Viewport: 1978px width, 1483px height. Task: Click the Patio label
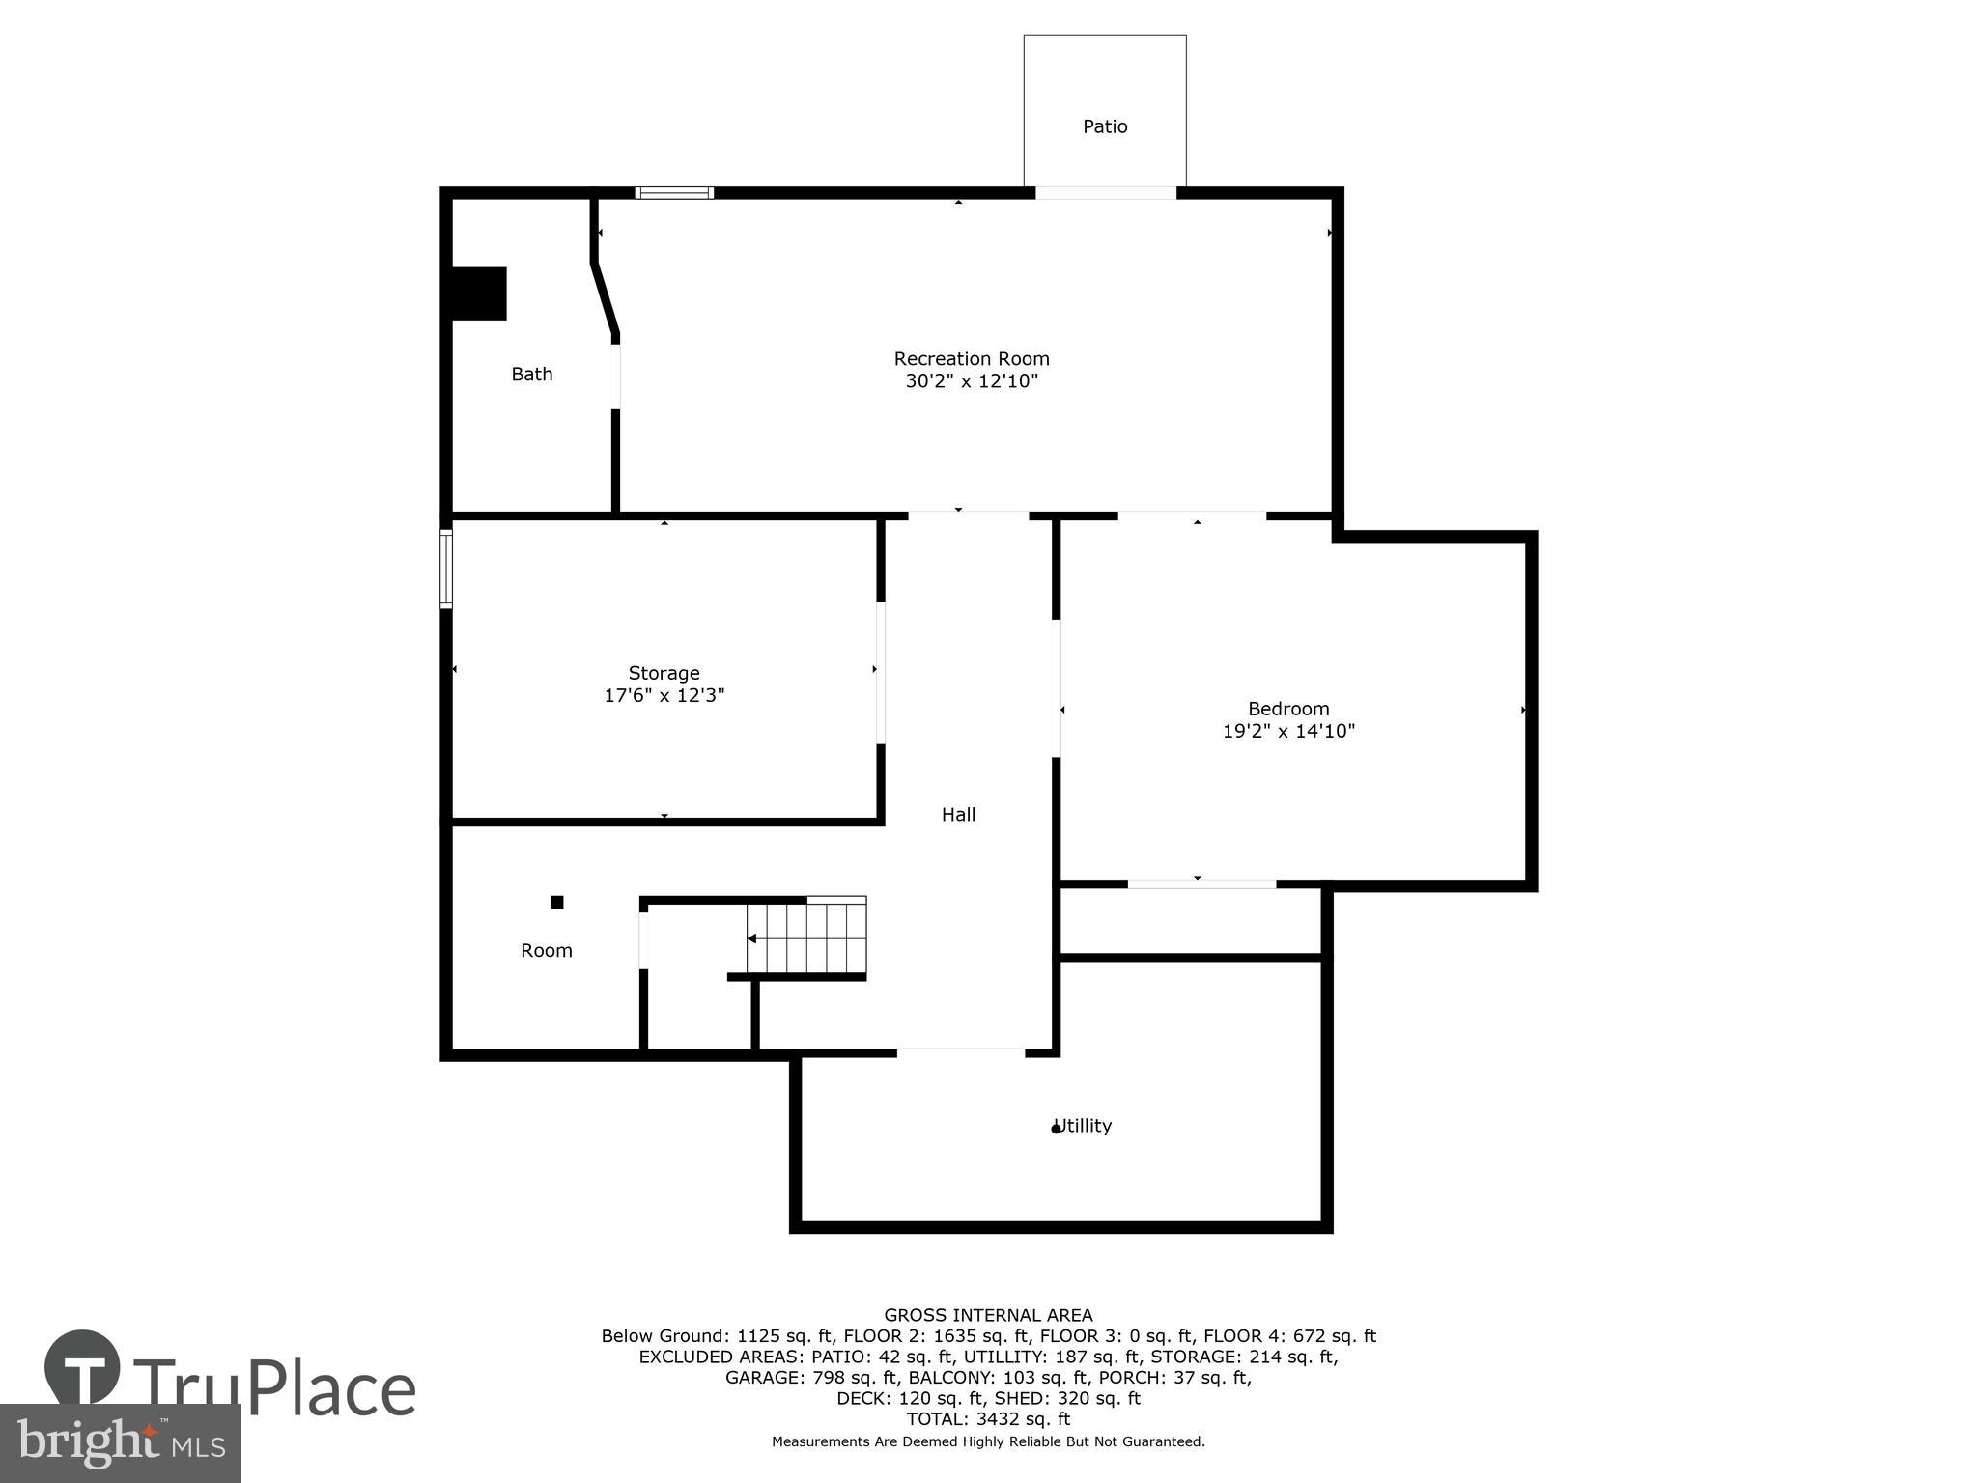(x=1105, y=126)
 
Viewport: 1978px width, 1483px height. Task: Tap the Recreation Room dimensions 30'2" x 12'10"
(x=971, y=381)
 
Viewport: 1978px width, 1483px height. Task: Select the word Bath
(x=532, y=375)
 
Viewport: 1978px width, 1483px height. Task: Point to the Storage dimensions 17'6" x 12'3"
(x=664, y=696)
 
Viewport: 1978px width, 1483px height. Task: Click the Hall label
(x=958, y=815)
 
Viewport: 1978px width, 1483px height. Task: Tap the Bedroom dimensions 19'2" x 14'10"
(x=1288, y=732)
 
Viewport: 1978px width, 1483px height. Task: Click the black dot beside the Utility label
(x=1056, y=1129)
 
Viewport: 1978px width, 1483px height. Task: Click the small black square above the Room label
(x=557, y=903)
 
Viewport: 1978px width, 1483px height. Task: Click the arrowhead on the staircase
(x=752, y=938)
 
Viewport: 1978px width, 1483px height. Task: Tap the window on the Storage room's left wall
(x=446, y=570)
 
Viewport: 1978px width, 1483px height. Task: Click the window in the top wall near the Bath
(x=674, y=193)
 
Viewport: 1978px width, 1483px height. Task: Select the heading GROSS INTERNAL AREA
(x=988, y=1315)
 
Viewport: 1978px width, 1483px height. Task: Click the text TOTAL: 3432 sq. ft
(x=988, y=1419)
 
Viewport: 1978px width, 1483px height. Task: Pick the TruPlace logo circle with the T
(x=83, y=1368)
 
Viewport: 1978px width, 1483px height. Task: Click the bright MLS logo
(x=120, y=1443)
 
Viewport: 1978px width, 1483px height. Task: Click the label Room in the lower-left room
(x=547, y=951)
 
